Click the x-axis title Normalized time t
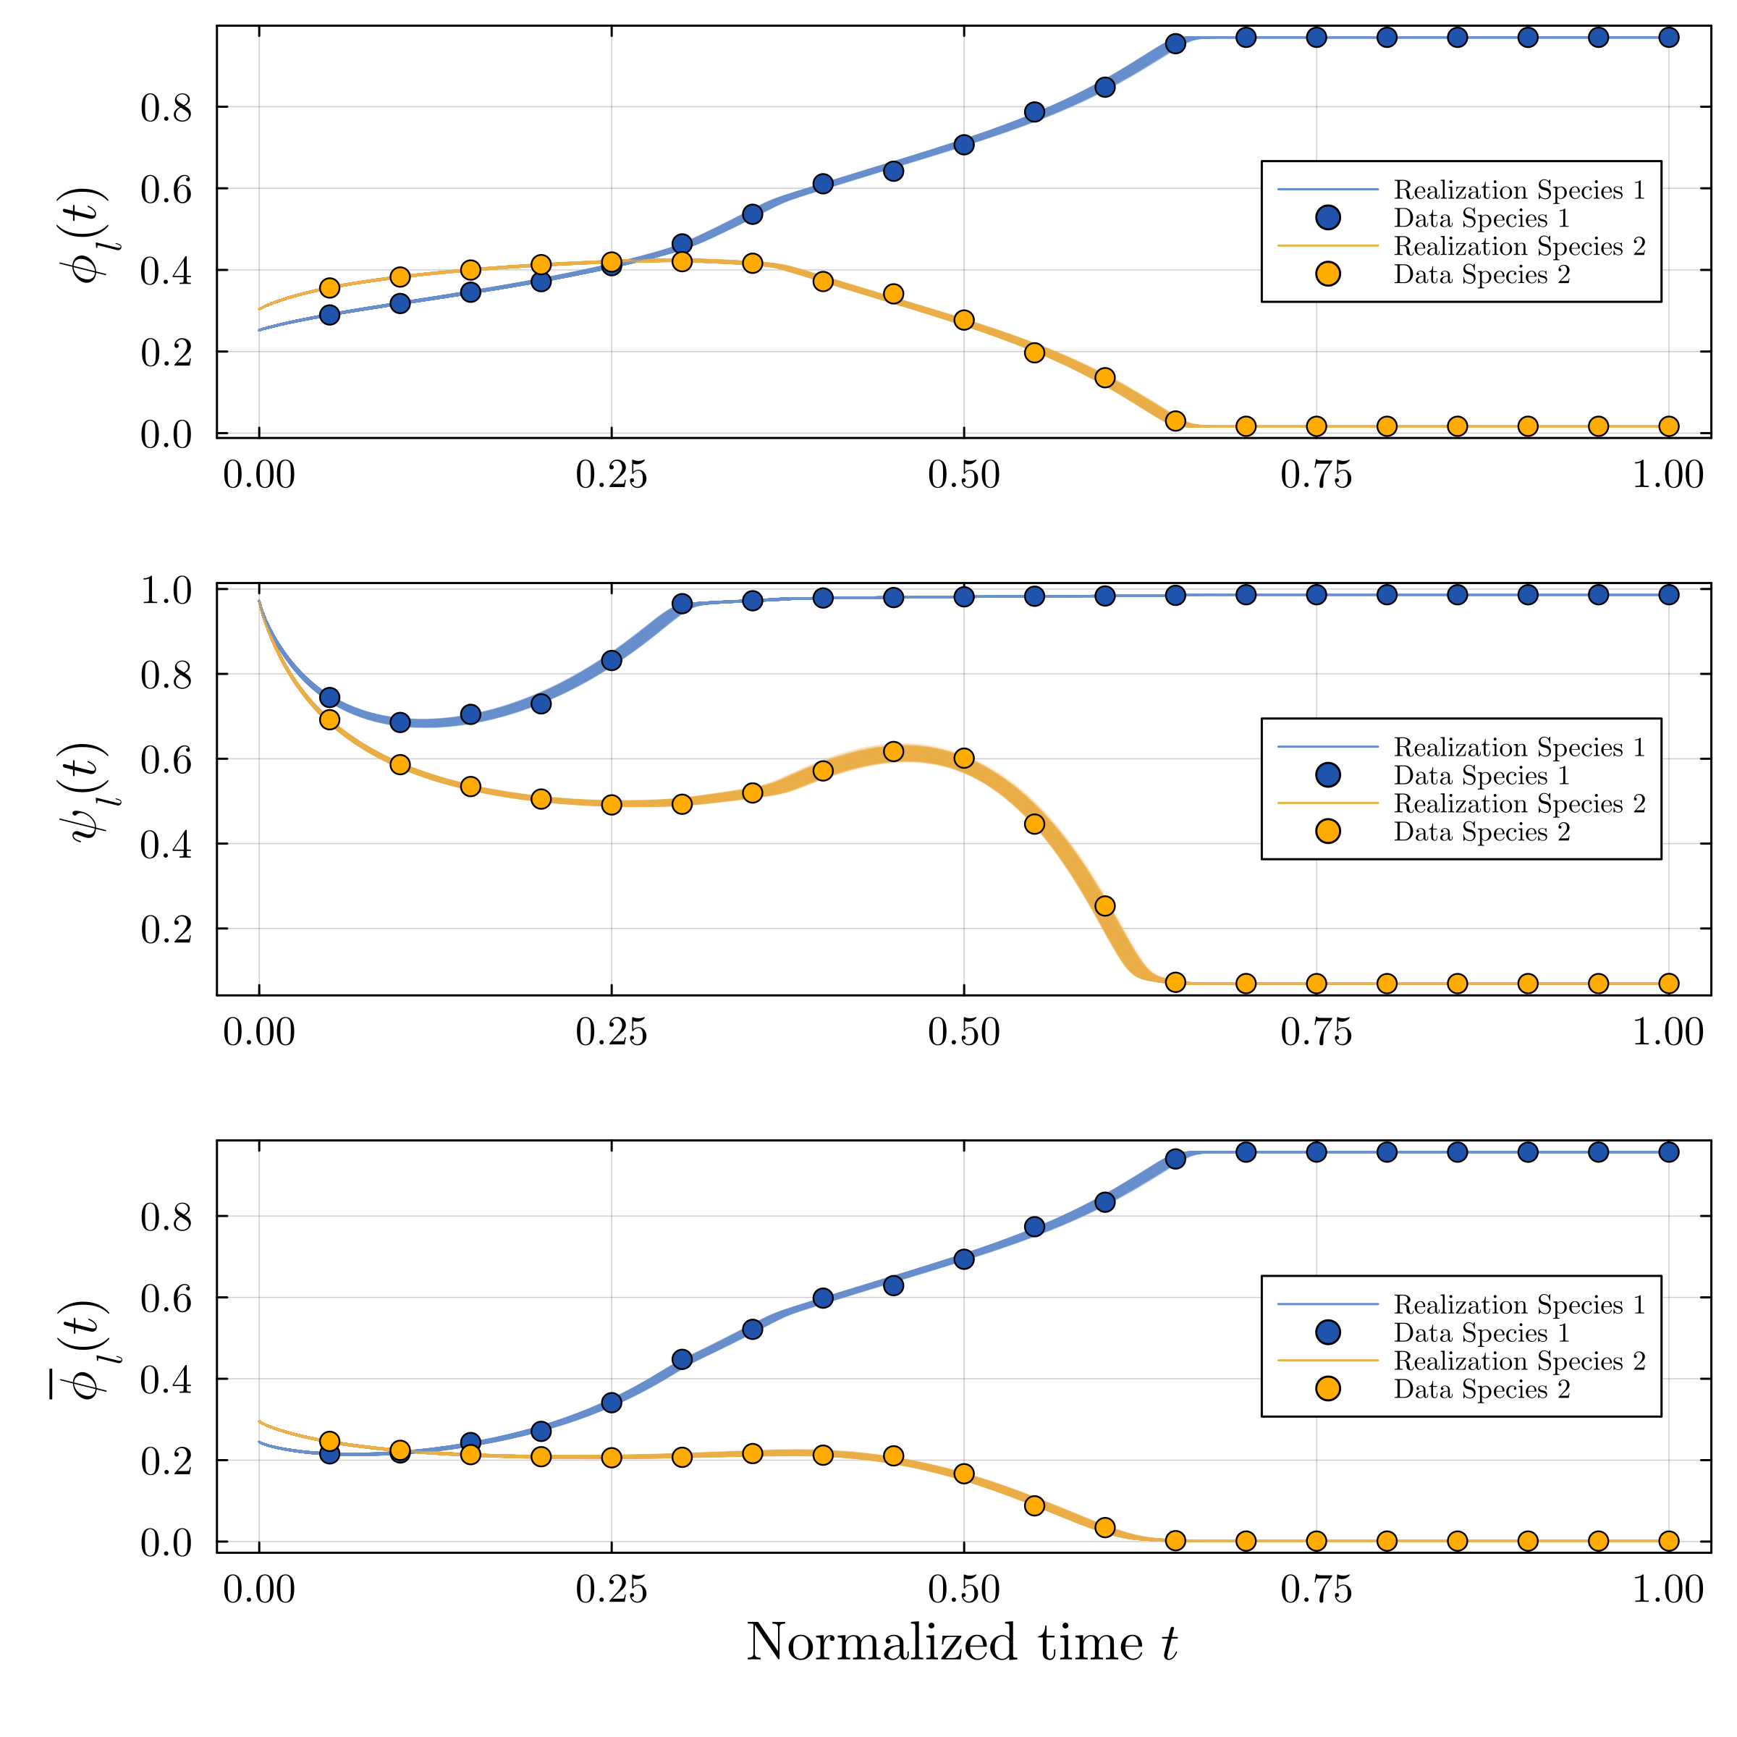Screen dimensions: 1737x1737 pos(961,1643)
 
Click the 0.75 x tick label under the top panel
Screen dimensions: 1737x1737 pos(1315,475)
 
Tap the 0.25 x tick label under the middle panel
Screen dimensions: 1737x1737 pos(612,1032)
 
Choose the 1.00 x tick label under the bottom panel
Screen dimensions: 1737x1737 pos(1668,1589)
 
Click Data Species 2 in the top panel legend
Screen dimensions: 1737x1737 pos(1481,275)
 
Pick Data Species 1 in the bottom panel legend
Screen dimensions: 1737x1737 pos(1481,1333)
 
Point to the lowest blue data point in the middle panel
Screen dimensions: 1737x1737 pos(400,722)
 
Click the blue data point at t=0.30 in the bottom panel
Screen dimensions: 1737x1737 pos(682,1358)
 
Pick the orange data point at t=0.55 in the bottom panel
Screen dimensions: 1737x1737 pos(1034,1505)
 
